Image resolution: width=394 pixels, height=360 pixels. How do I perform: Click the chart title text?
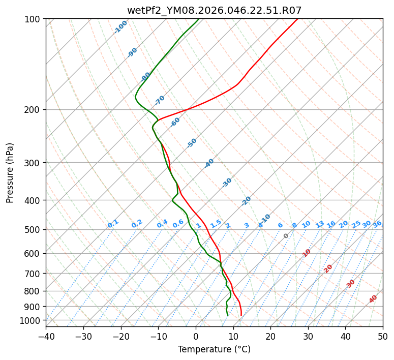(214, 10)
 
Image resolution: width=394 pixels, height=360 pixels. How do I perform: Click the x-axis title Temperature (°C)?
(214, 350)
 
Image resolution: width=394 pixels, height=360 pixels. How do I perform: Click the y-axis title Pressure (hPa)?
(10, 172)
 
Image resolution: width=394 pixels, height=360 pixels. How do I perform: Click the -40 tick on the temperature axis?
(46, 337)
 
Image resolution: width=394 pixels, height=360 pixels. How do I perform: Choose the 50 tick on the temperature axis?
(383, 337)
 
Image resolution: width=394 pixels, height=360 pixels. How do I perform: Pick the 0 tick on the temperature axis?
(196, 337)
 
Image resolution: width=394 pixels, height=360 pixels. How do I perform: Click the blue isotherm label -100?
(121, 26)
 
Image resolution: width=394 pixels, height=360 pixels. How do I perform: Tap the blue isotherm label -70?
(160, 100)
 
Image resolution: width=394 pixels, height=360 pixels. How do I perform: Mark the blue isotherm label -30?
(227, 182)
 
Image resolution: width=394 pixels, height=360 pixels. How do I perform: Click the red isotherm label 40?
(373, 299)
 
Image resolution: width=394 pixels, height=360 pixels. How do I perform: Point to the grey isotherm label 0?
(286, 236)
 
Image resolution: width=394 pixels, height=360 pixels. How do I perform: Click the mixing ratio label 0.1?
(113, 223)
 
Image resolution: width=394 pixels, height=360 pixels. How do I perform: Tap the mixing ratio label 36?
(377, 224)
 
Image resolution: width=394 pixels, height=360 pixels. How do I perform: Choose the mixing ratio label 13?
(320, 224)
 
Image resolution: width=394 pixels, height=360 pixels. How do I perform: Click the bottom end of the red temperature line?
(241, 315)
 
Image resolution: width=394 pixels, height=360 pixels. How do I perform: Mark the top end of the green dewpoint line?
(199, 19)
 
